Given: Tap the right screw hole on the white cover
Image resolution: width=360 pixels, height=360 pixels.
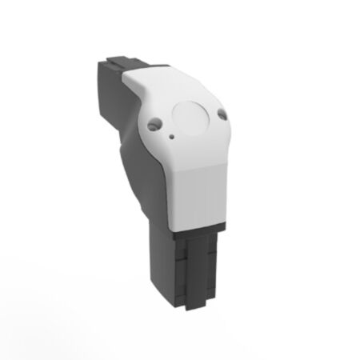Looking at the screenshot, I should [x=222, y=114].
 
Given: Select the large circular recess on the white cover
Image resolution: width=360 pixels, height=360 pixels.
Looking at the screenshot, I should [x=191, y=118].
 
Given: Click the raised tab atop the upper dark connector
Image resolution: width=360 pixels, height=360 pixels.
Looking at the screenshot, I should [x=128, y=62].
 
